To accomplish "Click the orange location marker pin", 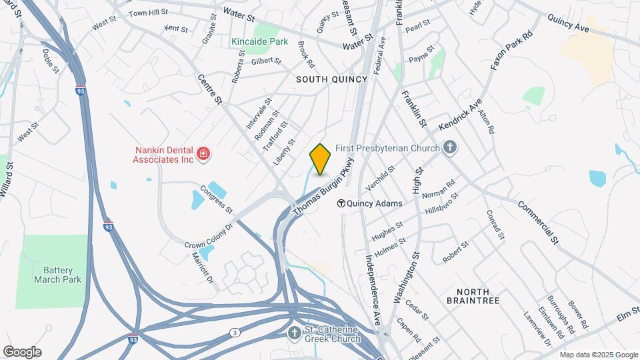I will (x=321, y=159).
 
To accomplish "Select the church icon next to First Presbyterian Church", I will (x=451, y=148).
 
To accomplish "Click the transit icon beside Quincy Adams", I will (x=341, y=204).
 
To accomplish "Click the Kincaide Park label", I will (x=260, y=41).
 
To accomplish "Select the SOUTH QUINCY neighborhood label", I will (x=332, y=79).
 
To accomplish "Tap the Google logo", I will (x=22, y=351).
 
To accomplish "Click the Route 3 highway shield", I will (x=235, y=332).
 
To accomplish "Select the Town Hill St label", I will (x=147, y=13).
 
